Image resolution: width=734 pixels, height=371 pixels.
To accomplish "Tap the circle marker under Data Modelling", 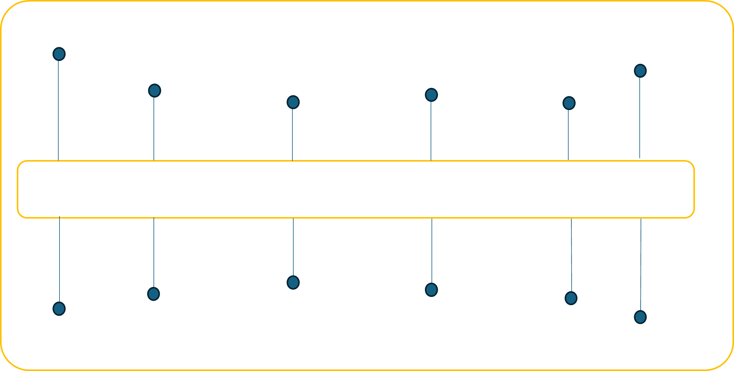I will point(59,54).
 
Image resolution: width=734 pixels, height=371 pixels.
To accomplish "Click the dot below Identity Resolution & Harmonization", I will point(293,102).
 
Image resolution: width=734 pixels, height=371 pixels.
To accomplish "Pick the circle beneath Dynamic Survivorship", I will point(431,95).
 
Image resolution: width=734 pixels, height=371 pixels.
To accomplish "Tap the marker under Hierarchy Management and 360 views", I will point(640,71).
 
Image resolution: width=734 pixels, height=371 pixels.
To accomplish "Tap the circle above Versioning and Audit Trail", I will point(59,309).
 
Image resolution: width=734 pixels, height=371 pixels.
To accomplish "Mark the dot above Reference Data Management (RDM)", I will point(293,282).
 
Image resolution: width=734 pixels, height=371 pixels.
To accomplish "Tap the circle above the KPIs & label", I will point(640,317).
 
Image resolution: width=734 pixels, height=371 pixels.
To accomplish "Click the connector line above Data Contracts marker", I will point(154,253).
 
